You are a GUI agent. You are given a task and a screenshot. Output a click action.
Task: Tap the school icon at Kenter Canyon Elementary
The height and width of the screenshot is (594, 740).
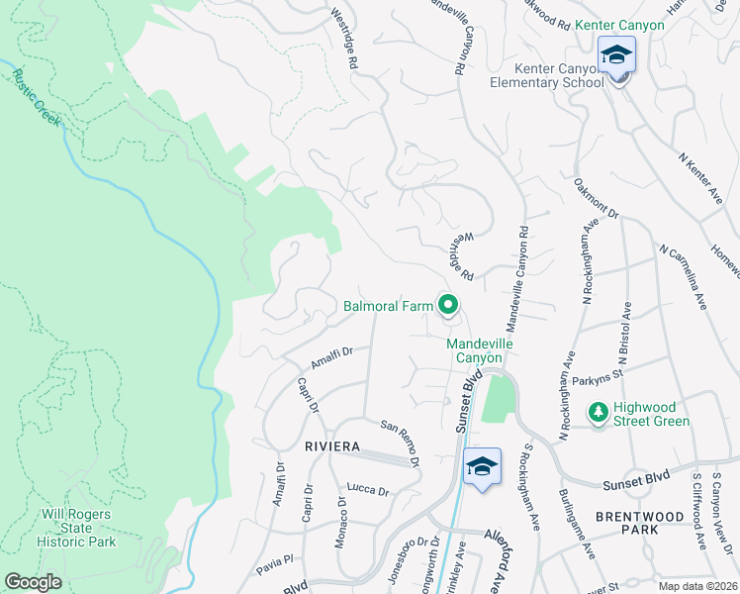click(x=616, y=54)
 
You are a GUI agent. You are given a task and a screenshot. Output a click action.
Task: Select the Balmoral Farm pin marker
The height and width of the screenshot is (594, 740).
click(x=447, y=307)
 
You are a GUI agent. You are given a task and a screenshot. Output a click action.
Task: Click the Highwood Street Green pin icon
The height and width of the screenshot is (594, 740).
click(x=598, y=410)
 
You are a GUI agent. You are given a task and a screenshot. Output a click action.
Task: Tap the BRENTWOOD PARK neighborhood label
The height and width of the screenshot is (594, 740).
click(x=641, y=523)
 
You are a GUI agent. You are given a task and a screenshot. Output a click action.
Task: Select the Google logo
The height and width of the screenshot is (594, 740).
click(x=34, y=582)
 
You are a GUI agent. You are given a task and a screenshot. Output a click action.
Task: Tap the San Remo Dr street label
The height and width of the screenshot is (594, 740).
click(x=402, y=442)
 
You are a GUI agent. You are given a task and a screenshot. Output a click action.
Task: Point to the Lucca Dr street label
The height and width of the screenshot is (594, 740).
click(x=368, y=490)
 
